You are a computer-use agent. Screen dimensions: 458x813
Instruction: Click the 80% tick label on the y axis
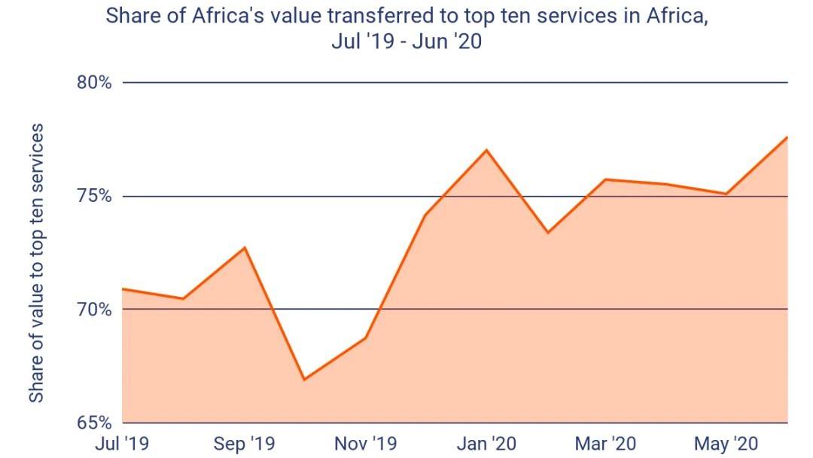pos(94,82)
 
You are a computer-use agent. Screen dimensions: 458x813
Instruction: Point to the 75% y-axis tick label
pos(94,196)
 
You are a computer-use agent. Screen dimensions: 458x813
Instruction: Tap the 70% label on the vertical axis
pos(94,310)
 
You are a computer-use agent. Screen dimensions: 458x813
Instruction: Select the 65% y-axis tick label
pos(94,422)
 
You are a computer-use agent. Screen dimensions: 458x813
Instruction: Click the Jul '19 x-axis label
pos(121,444)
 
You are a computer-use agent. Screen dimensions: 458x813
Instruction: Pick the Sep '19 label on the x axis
pos(245,444)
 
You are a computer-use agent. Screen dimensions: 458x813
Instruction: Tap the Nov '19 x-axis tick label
pos(366,444)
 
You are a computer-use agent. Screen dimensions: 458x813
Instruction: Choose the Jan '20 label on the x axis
pos(487,444)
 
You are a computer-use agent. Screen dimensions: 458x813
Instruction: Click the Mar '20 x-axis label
pos(606,444)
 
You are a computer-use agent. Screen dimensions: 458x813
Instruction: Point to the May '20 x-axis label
pos(726,444)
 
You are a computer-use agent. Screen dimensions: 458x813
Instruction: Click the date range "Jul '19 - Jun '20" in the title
pos(406,42)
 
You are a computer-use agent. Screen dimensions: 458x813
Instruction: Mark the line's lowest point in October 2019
pos(304,379)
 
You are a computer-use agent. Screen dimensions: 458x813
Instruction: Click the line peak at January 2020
pos(487,150)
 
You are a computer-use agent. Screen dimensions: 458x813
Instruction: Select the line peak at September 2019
pos(245,247)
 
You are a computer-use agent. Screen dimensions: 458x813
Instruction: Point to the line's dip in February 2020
pos(547,233)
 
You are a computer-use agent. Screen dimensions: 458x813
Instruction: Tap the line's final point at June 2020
pos(787,137)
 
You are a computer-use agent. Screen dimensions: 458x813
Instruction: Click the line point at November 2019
pos(366,337)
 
